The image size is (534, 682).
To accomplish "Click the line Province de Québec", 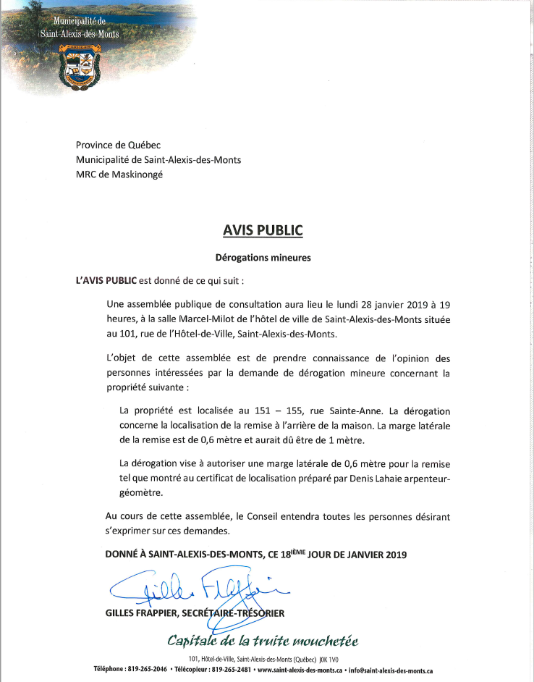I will (119, 146).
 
